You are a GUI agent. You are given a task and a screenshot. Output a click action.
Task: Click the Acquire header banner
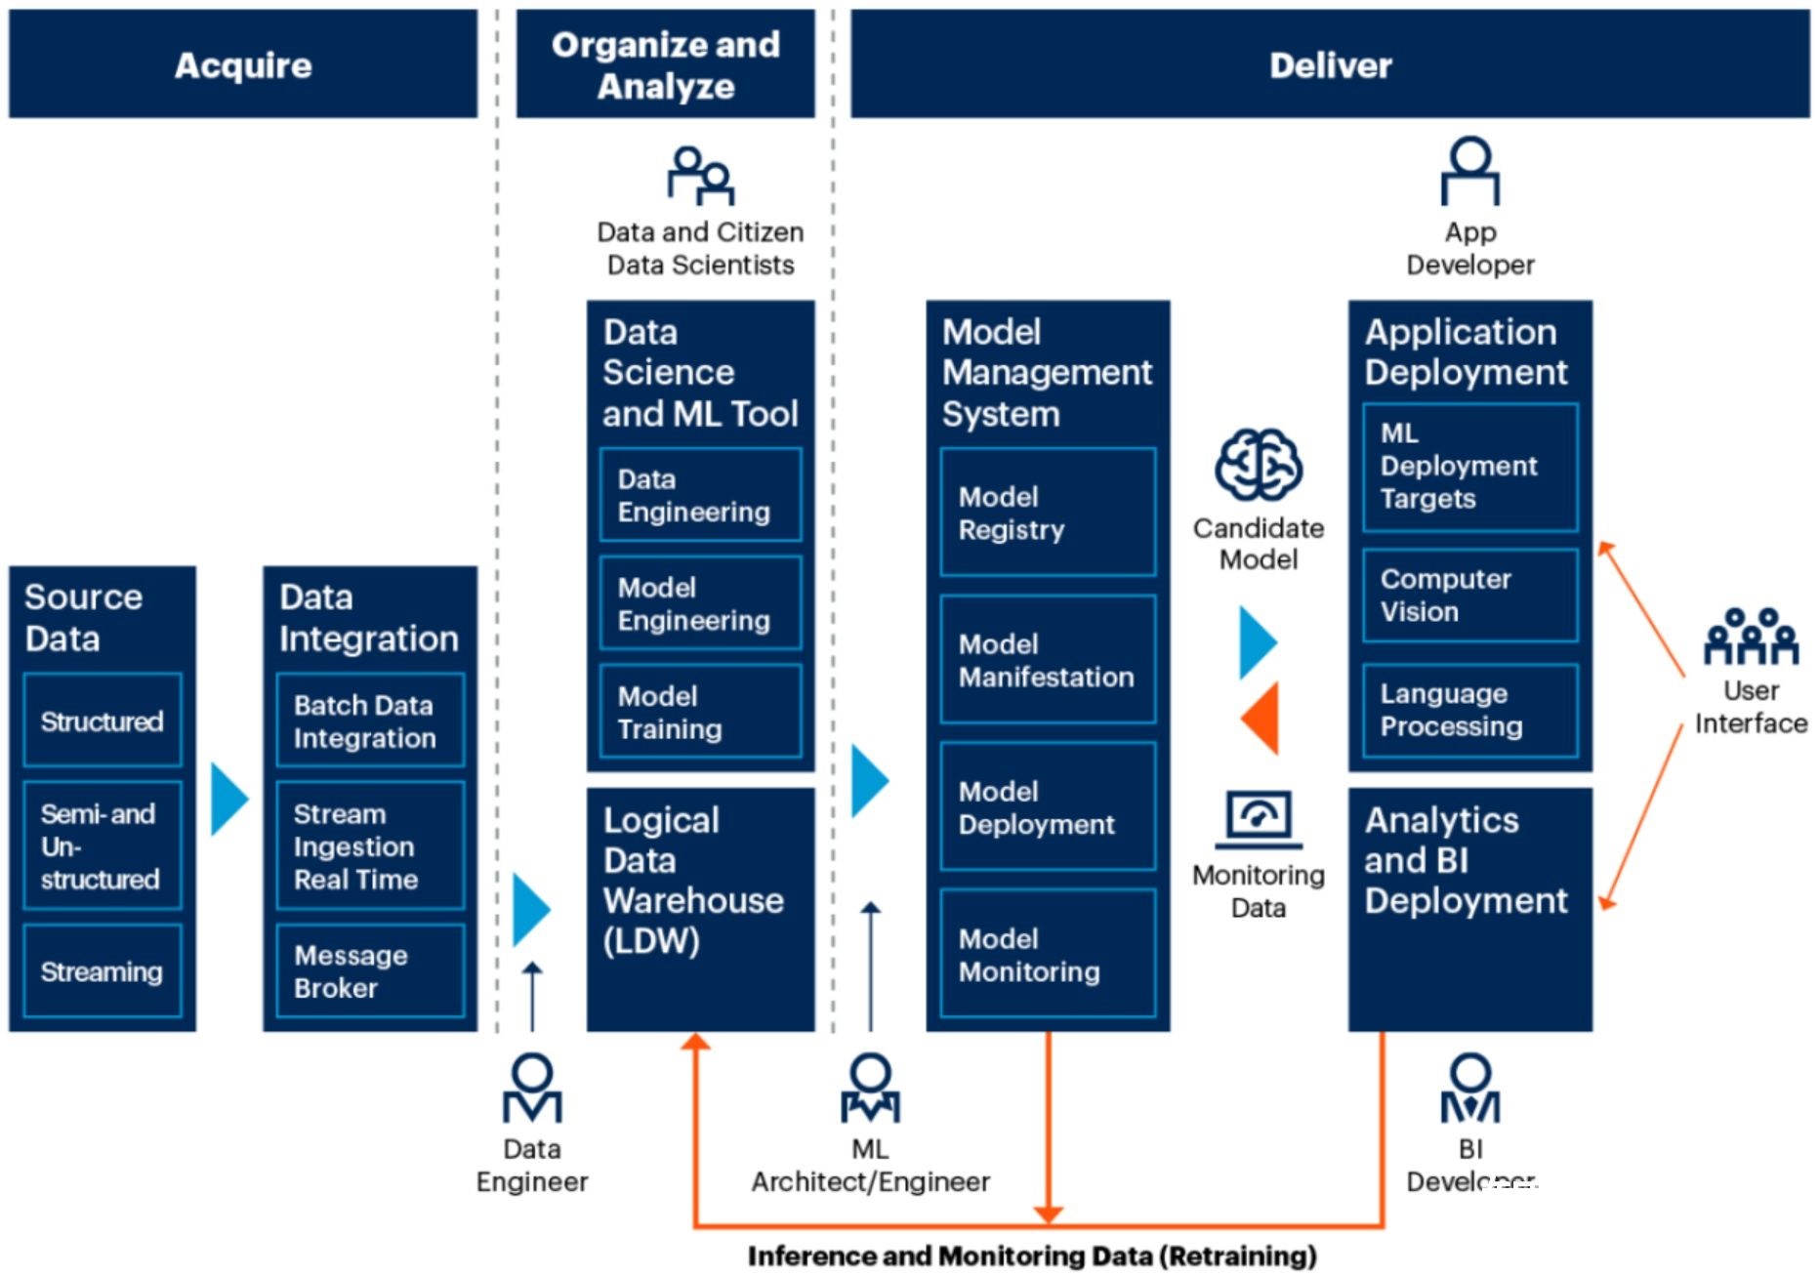pyautogui.click(x=243, y=64)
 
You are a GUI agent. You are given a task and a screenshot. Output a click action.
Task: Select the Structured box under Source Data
pyautogui.click(x=103, y=720)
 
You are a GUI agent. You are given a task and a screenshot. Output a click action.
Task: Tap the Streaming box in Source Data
pyautogui.click(x=103, y=971)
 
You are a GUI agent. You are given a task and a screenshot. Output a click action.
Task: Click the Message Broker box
pyautogui.click(x=370, y=971)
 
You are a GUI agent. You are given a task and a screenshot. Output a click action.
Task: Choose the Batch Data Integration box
pyautogui.click(x=370, y=720)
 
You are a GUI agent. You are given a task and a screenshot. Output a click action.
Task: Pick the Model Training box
pyautogui.click(x=701, y=712)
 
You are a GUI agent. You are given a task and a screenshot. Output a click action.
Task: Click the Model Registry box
pyautogui.click(x=1048, y=513)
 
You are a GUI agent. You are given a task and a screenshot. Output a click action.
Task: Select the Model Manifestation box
pyautogui.click(x=1048, y=659)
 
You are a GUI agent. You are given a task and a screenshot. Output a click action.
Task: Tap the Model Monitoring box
pyautogui.click(x=1048, y=954)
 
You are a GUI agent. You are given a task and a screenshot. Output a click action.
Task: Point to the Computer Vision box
pyautogui.click(x=1470, y=595)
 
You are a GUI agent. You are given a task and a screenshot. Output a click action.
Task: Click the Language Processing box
pyautogui.click(x=1470, y=710)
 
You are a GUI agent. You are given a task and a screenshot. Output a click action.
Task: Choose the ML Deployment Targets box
pyautogui.click(x=1470, y=467)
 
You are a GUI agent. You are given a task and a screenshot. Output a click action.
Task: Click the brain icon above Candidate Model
pyautogui.click(x=1259, y=465)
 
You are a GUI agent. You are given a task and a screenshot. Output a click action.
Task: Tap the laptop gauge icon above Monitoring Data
pyautogui.click(x=1259, y=819)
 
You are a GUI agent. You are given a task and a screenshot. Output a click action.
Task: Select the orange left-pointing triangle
pyautogui.click(x=1260, y=719)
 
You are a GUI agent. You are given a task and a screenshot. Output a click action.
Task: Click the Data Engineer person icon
pyautogui.click(x=532, y=1088)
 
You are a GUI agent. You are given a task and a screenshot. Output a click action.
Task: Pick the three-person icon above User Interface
pyautogui.click(x=1752, y=636)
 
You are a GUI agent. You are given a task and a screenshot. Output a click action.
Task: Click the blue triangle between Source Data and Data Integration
pyautogui.click(x=230, y=799)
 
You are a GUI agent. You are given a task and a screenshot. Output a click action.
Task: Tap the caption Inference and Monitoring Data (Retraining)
pyautogui.click(x=1032, y=1255)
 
